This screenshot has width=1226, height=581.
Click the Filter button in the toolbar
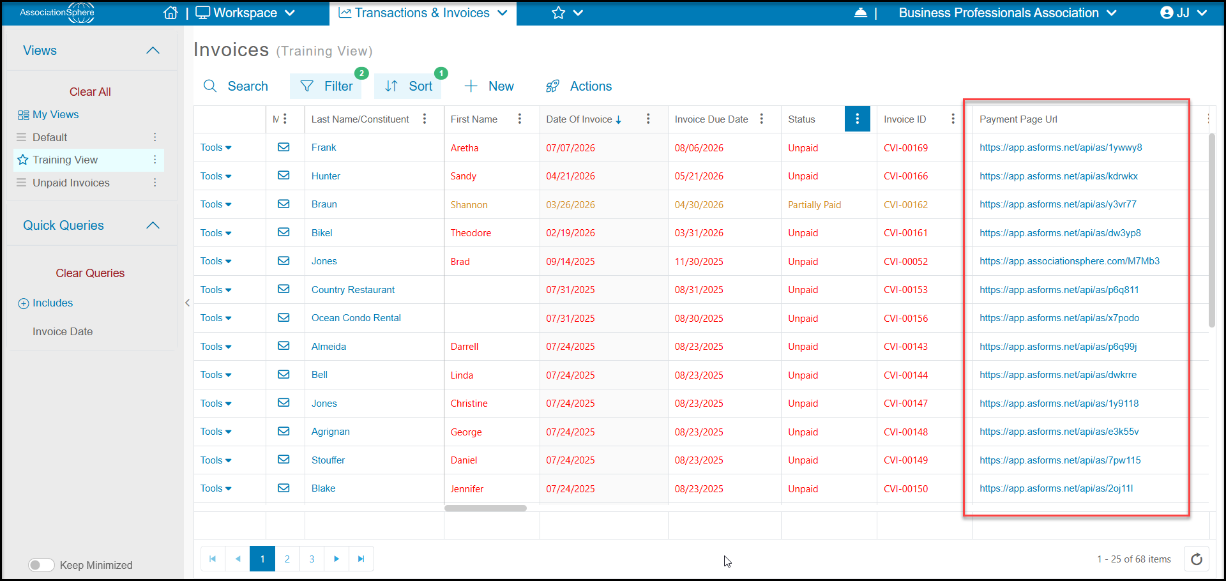pyautogui.click(x=326, y=86)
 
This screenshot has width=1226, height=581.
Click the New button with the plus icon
pyautogui.click(x=489, y=86)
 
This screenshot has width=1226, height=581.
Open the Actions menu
pyautogui.click(x=579, y=86)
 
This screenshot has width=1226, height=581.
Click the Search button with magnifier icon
pyautogui.click(x=236, y=86)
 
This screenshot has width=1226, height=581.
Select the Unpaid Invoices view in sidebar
pyautogui.click(x=71, y=183)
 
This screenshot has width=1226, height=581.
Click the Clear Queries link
pyautogui.click(x=90, y=273)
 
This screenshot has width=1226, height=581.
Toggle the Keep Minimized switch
pyautogui.click(x=42, y=565)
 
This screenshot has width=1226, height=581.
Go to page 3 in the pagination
pyautogui.click(x=312, y=559)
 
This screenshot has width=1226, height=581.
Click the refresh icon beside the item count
pyautogui.click(x=1197, y=559)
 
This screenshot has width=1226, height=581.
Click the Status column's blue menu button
pyautogui.click(x=857, y=119)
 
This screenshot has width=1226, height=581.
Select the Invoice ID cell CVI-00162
pyautogui.click(x=905, y=205)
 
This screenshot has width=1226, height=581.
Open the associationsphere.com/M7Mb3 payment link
pyautogui.click(x=1070, y=261)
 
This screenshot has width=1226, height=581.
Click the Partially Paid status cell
pyautogui.click(x=814, y=205)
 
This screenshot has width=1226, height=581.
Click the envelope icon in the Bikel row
pyautogui.click(x=284, y=232)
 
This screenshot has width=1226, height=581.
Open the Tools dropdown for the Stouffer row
pyautogui.click(x=216, y=460)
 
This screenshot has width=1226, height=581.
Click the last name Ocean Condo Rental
pyautogui.click(x=356, y=318)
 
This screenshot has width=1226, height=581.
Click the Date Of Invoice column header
pyautogui.click(x=579, y=119)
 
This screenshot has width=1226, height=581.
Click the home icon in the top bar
pyautogui.click(x=170, y=13)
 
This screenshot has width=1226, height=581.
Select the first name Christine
pyautogui.click(x=469, y=404)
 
